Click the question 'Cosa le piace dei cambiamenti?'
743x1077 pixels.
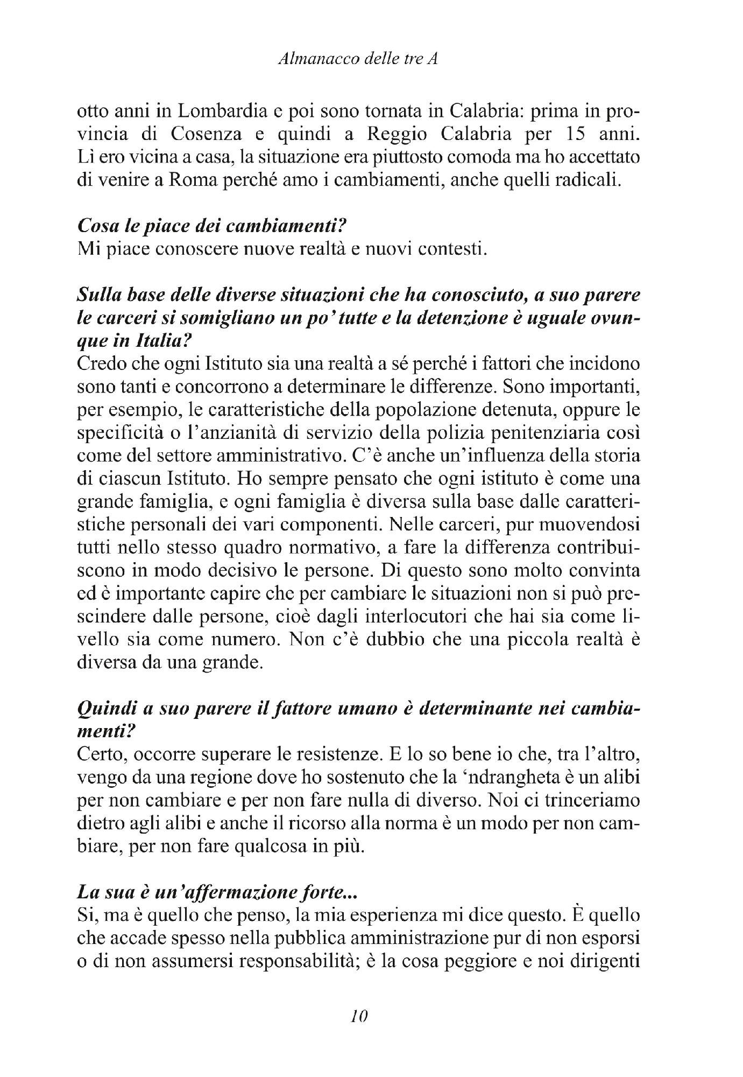tap(209, 226)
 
